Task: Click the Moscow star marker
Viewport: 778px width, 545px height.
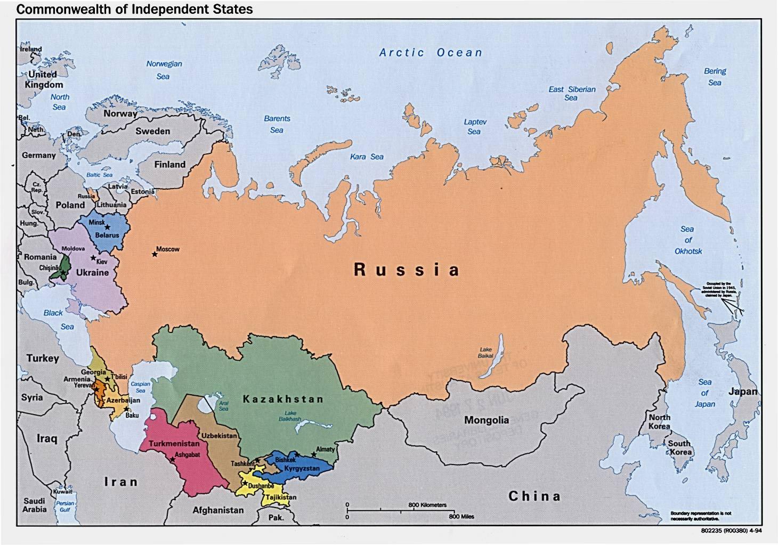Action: point(155,254)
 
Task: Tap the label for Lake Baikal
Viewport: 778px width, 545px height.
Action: point(485,353)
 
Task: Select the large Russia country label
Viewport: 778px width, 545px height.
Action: point(406,270)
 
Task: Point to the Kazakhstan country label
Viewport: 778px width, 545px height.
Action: point(283,399)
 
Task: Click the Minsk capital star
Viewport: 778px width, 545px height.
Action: point(107,227)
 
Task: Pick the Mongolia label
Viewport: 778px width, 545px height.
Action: point(486,420)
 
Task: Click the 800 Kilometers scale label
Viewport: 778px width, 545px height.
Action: point(427,505)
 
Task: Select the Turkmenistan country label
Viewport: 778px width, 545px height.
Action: point(174,443)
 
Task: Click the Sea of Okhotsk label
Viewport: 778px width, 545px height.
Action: point(688,240)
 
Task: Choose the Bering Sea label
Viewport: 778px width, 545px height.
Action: point(715,77)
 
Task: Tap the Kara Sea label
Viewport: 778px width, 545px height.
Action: point(367,157)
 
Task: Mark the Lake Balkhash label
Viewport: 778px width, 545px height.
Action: point(290,416)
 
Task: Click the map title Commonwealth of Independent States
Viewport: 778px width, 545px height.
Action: point(135,9)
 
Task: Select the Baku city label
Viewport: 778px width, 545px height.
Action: point(132,416)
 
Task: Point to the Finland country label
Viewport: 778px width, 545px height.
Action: point(170,165)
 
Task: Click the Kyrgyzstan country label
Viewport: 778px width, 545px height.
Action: point(302,469)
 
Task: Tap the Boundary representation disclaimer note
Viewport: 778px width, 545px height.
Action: point(700,516)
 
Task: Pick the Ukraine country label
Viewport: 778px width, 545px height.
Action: point(92,273)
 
